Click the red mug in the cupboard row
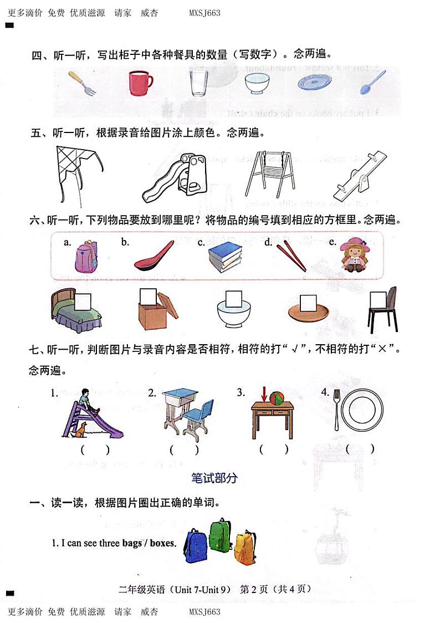pyautogui.click(x=140, y=83)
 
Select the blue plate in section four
pyautogui.click(x=314, y=83)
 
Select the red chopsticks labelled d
pyautogui.click(x=291, y=257)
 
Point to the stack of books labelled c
pyautogui.click(x=226, y=257)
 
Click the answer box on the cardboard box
pyautogui.click(x=149, y=297)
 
